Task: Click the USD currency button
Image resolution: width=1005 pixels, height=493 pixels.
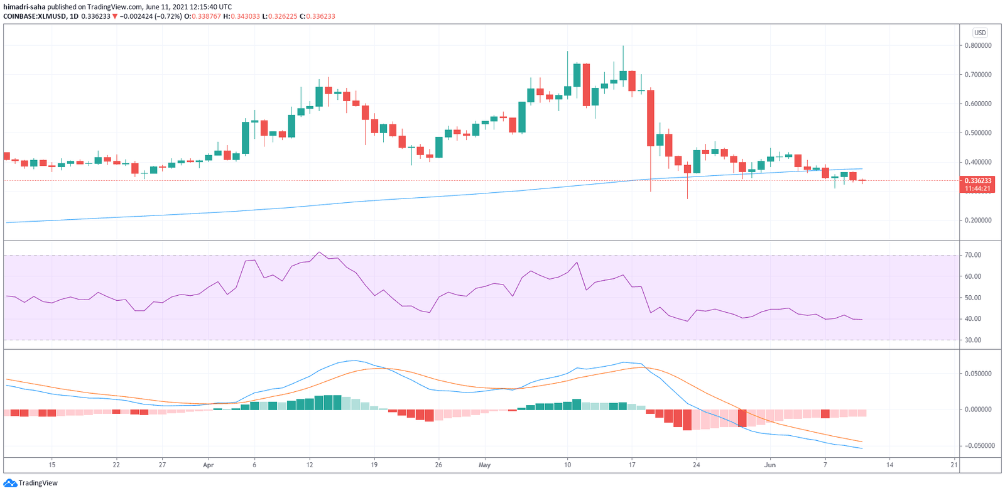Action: tap(980, 33)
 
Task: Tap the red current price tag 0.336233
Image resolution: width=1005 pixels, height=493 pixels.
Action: tap(978, 181)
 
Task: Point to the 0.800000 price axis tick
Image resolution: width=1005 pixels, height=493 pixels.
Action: tap(978, 46)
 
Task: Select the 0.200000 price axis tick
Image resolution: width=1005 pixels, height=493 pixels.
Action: tap(978, 220)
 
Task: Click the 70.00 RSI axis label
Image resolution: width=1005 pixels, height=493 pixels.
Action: tap(973, 255)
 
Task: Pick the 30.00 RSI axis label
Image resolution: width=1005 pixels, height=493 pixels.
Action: tap(973, 340)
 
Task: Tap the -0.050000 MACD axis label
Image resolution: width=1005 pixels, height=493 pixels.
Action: tap(977, 446)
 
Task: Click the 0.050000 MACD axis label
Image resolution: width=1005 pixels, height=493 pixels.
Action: tap(978, 374)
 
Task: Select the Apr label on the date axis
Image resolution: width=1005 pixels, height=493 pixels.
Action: tap(209, 465)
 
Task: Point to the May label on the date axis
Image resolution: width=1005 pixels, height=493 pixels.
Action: tap(484, 465)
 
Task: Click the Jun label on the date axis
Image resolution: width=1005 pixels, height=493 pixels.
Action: tap(770, 465)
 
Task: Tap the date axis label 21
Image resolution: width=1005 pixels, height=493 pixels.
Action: tap(954, 465)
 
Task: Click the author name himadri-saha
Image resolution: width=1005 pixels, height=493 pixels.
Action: tap(24, 7)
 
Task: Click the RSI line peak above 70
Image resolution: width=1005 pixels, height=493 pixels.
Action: tap(319, 252)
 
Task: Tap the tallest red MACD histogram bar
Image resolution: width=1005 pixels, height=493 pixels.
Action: tap(687, 420)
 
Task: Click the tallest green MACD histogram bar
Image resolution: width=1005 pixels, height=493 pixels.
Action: tap(329, 403)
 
